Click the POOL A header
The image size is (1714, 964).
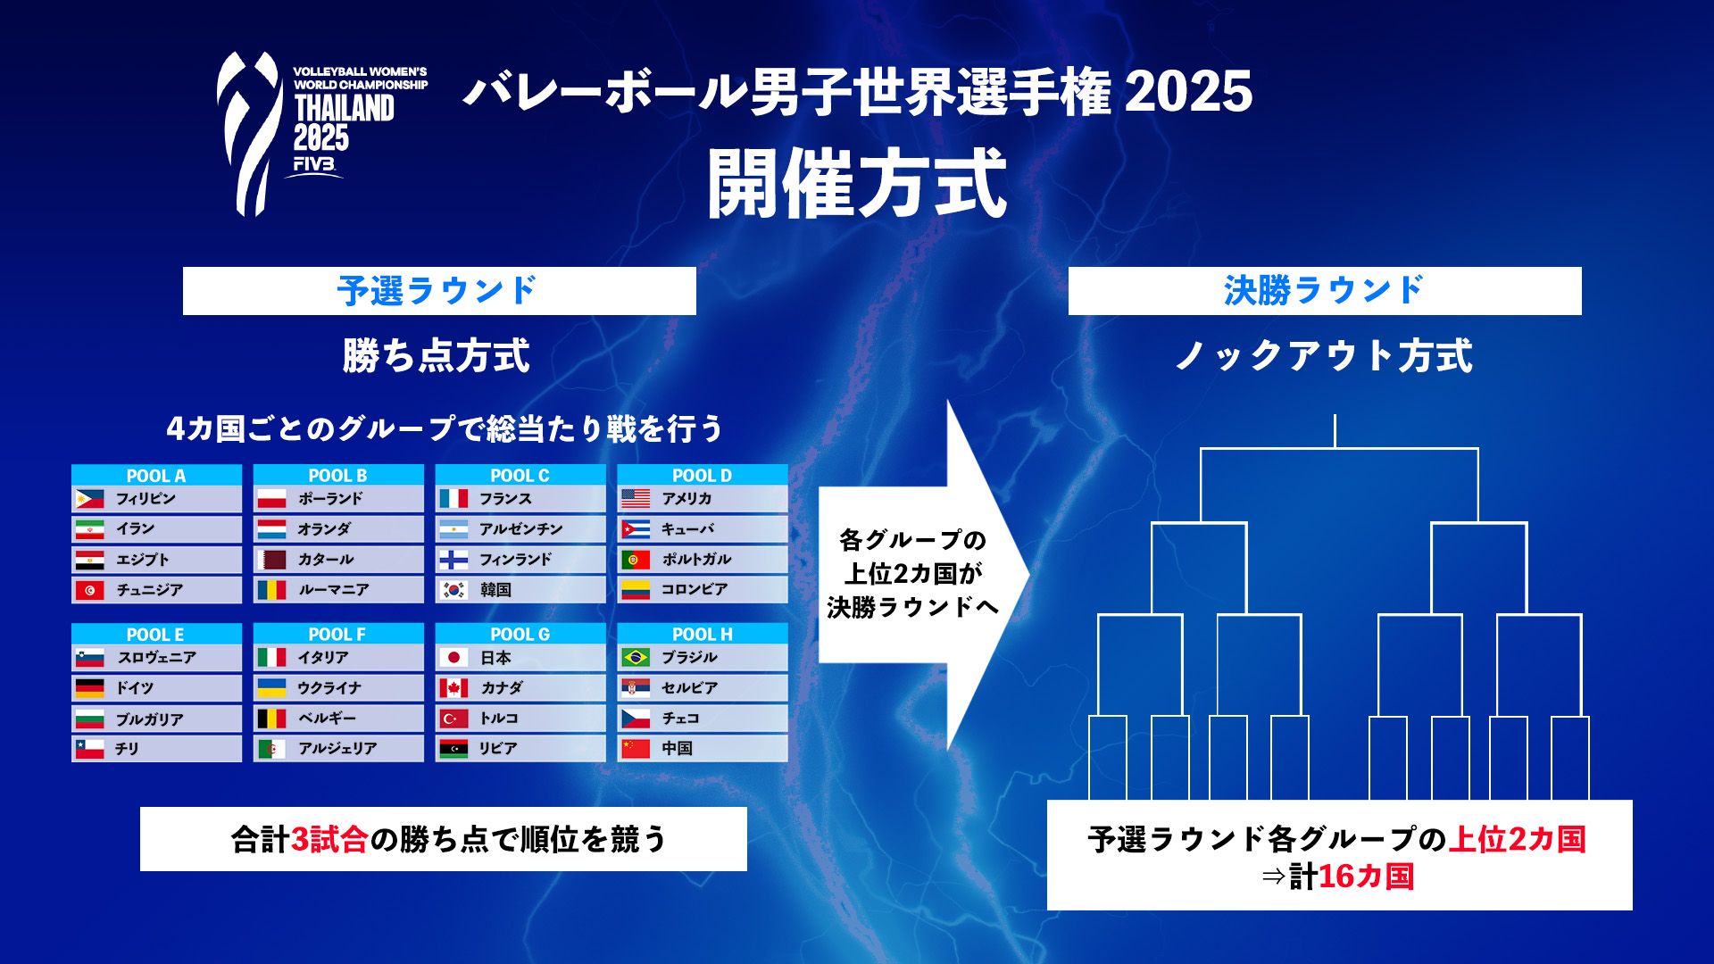coord(156,476)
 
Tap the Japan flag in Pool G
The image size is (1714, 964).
coord(453,658)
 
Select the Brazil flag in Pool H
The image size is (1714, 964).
coord(636,658)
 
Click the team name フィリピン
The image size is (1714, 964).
coord(146,499)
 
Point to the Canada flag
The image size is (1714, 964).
coord(453,688)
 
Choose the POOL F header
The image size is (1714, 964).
coord(337,635)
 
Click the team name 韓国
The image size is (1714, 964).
coord(495,590)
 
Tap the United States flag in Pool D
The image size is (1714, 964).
coord(636,499)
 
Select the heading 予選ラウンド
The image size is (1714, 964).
coord(437,291)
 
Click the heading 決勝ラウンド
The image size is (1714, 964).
coord(1324,291)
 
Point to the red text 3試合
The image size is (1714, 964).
coord(329,840)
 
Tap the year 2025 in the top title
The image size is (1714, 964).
coord(1188,92)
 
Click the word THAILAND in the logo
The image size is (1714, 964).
coord(344,109)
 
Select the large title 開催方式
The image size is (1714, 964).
coord(857,184)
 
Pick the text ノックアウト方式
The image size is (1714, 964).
coord(1324,356)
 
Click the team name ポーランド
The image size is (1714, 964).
coord(330,499)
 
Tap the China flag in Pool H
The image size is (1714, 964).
coord(636,749)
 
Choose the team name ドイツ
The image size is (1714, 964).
coord(135,688)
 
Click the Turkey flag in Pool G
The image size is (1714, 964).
coord(453,719)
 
